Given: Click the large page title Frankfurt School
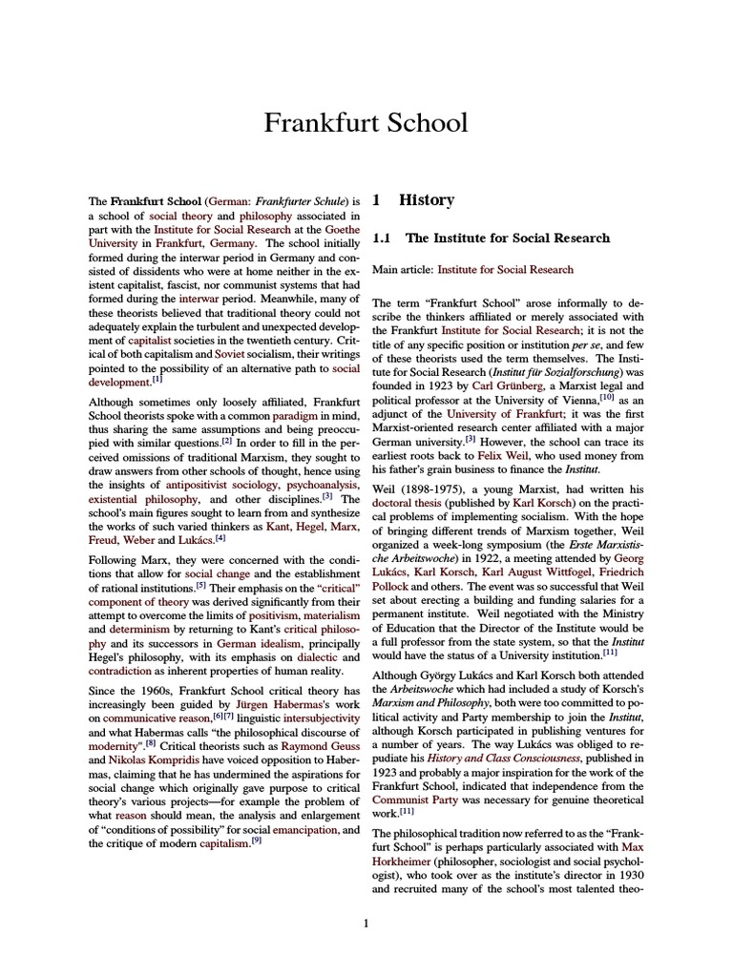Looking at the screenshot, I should pyautogui.click(x=366, y=123).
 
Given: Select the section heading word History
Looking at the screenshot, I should pyautogui.click(x=426, y=200).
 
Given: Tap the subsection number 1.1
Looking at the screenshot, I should pyautogui.click(x=384, y=238).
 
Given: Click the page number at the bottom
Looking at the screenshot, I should pyautogui.click(x=366, y=922).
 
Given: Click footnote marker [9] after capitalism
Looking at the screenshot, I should pyautogui.click(x=256, y=840).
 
